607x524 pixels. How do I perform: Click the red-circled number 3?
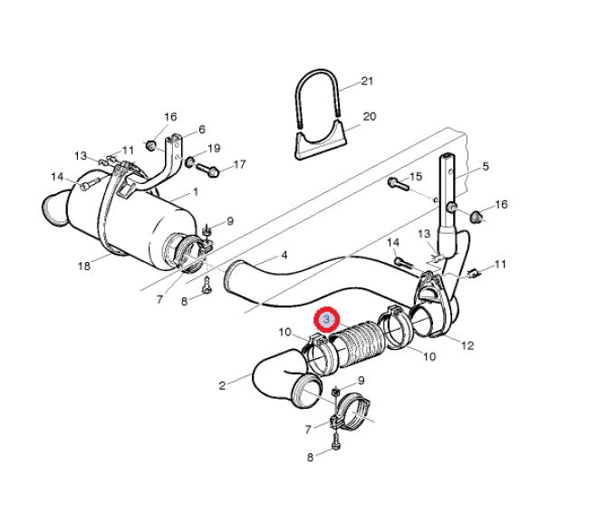coord(327,319)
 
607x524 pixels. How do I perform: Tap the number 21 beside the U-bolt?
coord(367,81)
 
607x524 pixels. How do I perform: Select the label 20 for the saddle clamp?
coord(370,116)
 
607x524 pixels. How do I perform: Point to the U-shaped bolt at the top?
coord(317,97)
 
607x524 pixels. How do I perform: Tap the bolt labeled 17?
coord(207,170)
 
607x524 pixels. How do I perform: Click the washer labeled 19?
coord(190,162)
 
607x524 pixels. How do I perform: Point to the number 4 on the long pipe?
coord(284,256)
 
